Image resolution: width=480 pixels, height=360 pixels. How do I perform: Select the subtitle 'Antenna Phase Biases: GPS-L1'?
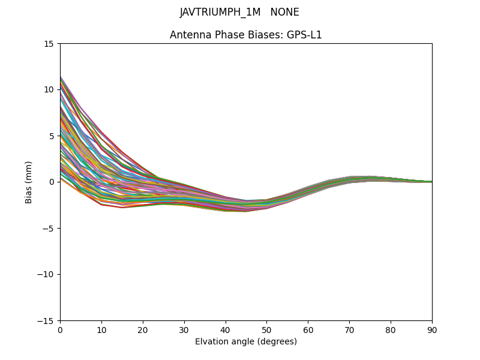(246, 35)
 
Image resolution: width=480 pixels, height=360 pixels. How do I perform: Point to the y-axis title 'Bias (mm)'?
(29, 182)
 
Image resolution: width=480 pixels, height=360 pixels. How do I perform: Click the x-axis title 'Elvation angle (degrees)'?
(246, 341)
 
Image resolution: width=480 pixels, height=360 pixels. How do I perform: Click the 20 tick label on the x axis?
(143, 330)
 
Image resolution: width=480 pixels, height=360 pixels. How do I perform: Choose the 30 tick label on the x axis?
(184, 330)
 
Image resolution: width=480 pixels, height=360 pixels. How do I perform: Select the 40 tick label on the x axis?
(226, 330)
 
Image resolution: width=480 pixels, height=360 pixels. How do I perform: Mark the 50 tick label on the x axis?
(266, 330)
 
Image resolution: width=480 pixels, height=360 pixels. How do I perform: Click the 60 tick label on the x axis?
(308, 330)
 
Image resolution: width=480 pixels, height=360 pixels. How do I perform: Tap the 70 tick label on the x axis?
(349, 330)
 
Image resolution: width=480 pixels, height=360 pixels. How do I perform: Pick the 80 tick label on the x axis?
(391, 330)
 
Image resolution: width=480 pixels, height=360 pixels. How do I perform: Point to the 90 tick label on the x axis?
(432, 330)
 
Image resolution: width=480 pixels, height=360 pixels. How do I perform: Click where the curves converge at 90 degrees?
(431, 182)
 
